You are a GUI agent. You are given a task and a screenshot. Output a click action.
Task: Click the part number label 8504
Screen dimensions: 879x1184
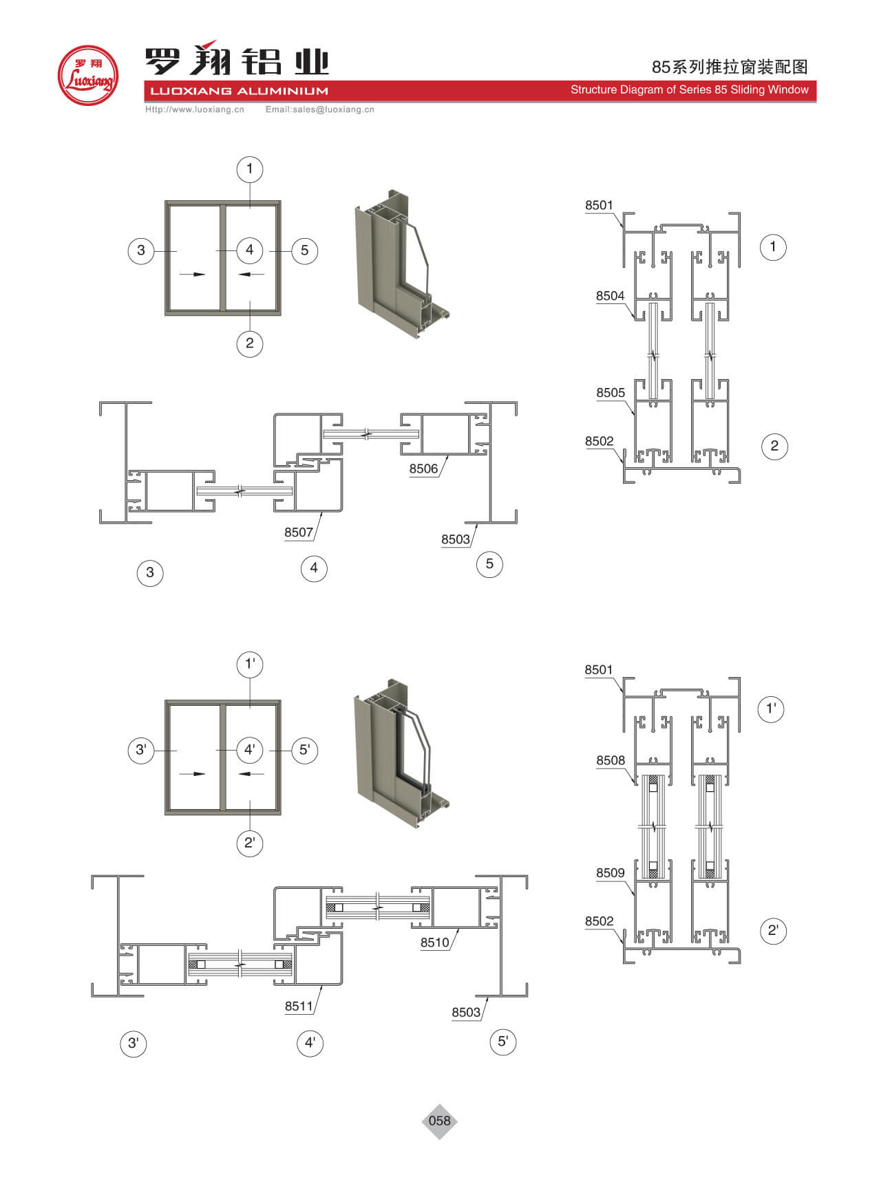tap(610, 296)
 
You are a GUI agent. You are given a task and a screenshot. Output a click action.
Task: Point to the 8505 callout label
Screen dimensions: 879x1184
tap(611, 393)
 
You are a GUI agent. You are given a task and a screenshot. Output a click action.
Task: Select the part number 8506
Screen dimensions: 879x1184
tap(423, 469)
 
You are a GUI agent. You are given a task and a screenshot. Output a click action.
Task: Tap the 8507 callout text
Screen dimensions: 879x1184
tap(299, 532)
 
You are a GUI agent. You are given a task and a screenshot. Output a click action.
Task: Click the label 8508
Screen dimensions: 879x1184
tap(611, 760)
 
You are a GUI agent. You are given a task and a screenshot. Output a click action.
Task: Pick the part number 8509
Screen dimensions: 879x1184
tap(611, 873)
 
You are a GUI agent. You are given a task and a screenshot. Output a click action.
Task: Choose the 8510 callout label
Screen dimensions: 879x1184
tap(435, 943)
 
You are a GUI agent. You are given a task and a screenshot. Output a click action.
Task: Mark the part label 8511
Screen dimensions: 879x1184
tap(299, 1006)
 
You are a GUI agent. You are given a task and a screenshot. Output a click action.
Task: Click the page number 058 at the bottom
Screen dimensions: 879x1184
tap(439, 1121)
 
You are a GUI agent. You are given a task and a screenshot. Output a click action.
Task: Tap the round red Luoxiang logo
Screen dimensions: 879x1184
tap(88, 75)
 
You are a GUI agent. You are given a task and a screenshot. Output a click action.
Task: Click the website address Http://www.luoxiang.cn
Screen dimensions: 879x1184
tap(195, 109)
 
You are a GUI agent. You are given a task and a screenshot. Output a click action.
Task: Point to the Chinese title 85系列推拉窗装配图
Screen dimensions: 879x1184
tap(730, 67)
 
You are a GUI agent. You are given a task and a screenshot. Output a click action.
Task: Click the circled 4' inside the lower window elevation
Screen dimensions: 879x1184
tap(250, 749)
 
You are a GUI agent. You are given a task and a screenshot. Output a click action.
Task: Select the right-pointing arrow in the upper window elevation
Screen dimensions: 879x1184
tap(192, 275)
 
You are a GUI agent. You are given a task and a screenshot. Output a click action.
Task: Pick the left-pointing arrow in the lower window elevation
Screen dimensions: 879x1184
tap(252, 774)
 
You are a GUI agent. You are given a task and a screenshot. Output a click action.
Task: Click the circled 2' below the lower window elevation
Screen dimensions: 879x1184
tap(250, 843)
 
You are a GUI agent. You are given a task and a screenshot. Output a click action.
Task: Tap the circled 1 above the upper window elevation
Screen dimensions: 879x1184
tap(250, 169)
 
